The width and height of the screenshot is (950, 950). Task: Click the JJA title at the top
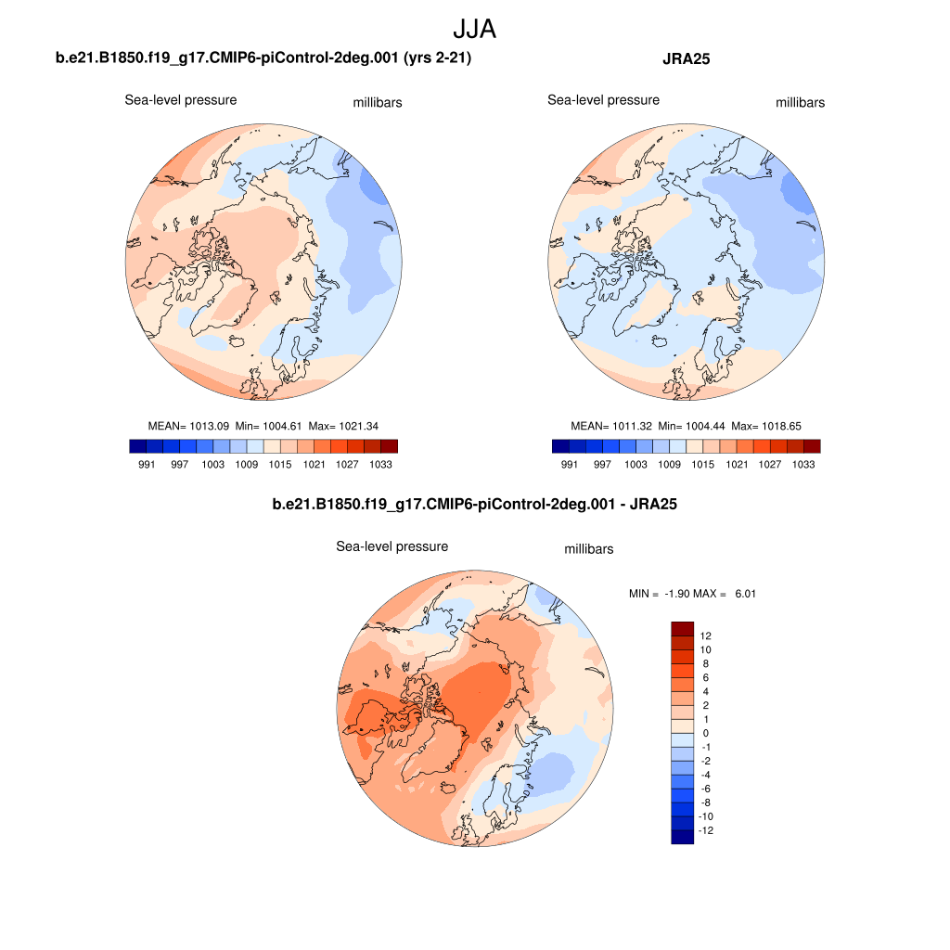474,29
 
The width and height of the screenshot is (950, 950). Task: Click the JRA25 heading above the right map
686,60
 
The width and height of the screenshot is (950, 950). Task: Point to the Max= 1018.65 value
766,426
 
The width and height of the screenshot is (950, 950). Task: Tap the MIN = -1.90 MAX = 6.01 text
692,593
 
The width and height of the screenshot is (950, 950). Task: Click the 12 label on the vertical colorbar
705,636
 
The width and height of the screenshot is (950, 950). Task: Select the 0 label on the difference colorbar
705,733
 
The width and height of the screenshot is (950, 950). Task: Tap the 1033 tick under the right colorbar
804,464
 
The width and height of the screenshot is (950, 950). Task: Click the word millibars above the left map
378,103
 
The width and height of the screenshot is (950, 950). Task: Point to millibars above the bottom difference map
589,549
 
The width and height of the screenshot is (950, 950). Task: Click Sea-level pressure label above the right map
603,100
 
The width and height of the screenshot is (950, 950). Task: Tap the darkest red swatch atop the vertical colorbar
682,628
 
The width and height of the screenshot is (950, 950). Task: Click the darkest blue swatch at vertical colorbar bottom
682,837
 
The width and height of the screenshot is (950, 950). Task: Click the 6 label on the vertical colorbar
705,678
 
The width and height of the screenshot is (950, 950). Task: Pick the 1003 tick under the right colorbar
635,464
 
